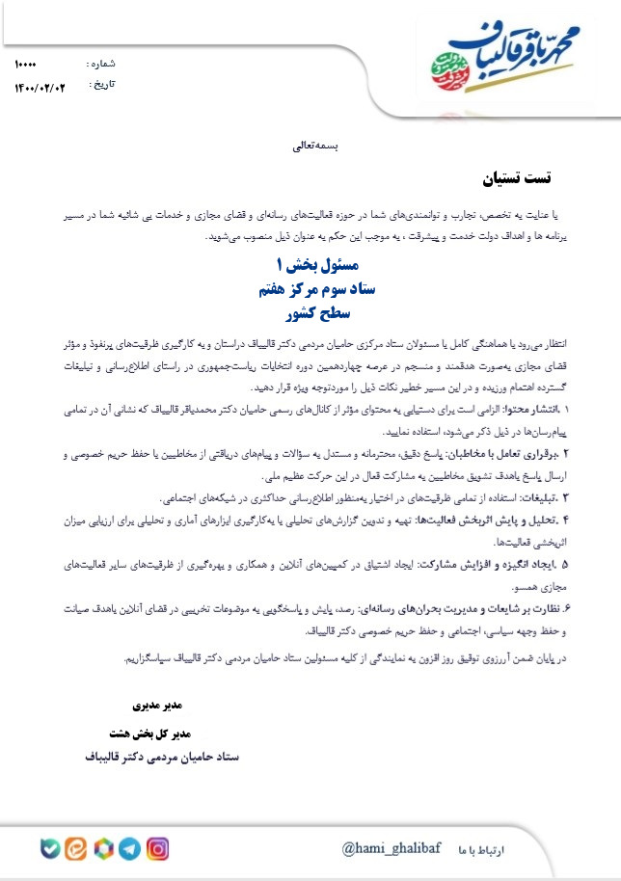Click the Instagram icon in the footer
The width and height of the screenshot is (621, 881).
tap(157, 848)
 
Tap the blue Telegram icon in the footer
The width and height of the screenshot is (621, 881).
tap(130, 848)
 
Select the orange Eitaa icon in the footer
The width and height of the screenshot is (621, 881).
tap(76, 848)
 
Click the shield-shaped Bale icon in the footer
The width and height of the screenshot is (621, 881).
tap(49, 848)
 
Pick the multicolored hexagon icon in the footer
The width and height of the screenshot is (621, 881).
tap(103, 848)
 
